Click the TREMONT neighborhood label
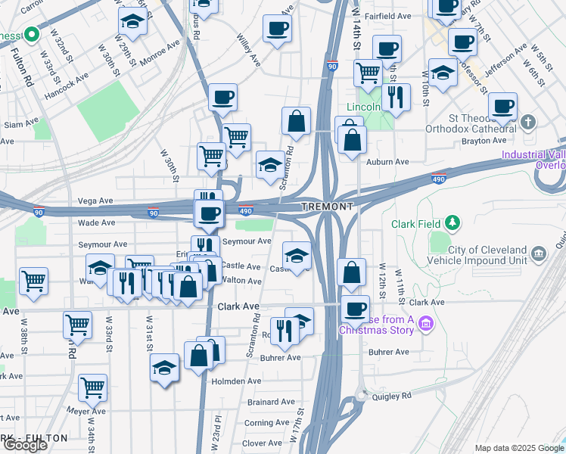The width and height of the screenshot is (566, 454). tap(327, 207)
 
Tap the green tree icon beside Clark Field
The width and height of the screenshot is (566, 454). tap(452, 222)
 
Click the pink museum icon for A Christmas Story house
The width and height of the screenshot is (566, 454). tap(426, 325)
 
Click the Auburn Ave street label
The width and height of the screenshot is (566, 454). tap(387, 162)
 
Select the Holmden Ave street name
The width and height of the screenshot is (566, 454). tap(236, 381)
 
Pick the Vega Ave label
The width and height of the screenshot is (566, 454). tap(95, 201)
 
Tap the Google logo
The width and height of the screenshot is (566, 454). tap(25, 445)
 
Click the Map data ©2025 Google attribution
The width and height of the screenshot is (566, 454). tap(519, 448)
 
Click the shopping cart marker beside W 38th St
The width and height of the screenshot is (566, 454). tap(33, 281)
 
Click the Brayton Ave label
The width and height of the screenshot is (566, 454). tap(489, 141)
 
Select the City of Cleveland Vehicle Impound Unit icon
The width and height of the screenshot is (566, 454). tap(539, 252)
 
